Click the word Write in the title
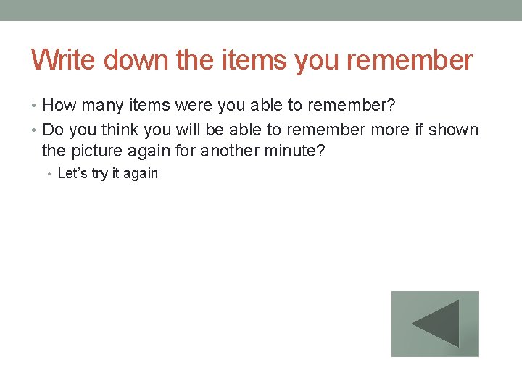[x=64, y=59]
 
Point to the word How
[x=59, y=106]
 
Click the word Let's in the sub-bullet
[x=72, y=173]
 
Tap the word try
[x=100, y=174]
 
